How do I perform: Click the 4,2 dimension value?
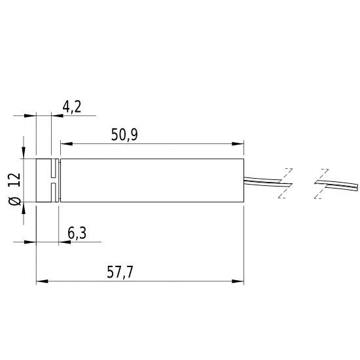tap(71, 106)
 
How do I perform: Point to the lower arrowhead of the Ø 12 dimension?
tap(25, 208)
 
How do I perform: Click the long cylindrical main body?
tap(151, 181)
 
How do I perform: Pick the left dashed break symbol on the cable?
tap(285, 183)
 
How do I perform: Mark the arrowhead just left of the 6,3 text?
tap(63, 242)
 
